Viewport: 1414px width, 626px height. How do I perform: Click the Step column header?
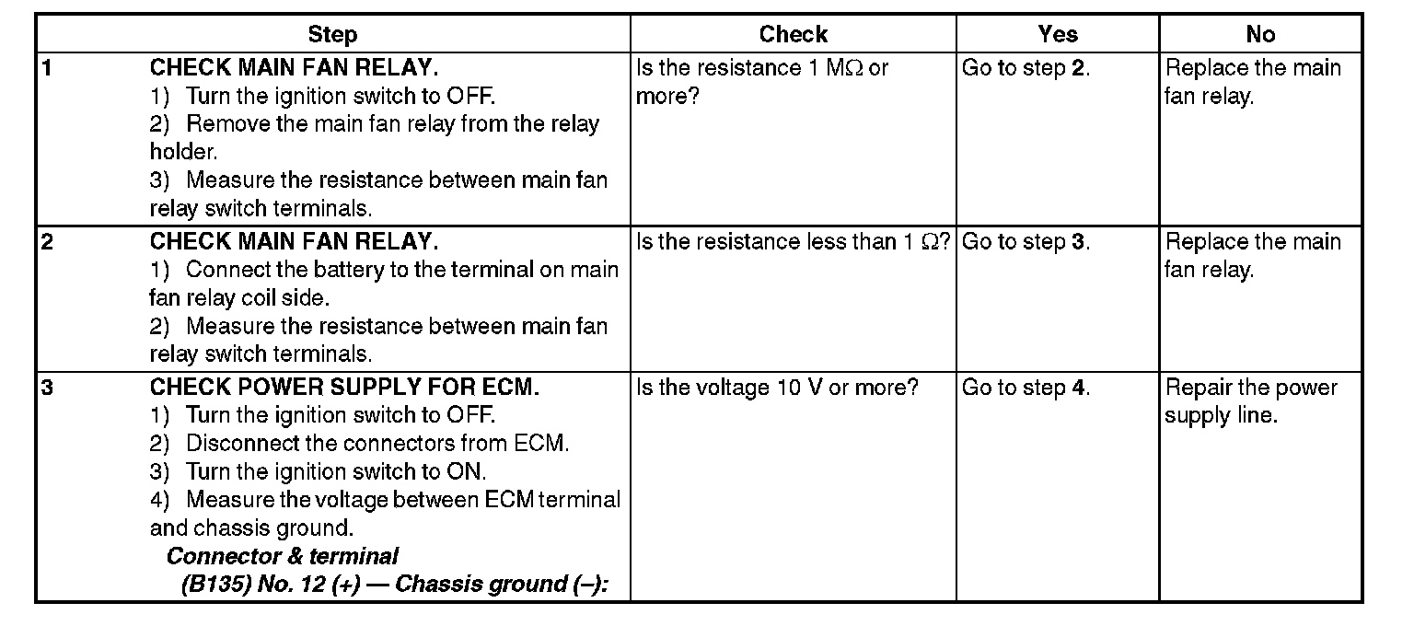[x=332, y=35]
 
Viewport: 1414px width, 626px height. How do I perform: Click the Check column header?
[x=793, y=35]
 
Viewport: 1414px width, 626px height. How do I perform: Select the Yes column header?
[x=1057, y=35]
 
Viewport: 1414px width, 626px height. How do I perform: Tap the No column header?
[x=1259, y=35]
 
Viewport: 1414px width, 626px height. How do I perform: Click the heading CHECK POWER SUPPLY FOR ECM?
[x=344, y=388]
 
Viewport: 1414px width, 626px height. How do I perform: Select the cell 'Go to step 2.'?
[x=1026, y=68]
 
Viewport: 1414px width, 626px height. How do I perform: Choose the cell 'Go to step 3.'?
[x=1026, y=242]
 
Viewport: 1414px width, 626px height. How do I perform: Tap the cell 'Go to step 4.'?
[x=1026, y=388]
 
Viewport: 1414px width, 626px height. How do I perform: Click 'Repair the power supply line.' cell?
[x=1250, y=401]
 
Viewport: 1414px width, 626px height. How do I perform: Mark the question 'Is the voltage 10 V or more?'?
[x=777, y=388]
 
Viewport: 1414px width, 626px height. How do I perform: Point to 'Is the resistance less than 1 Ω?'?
[x=793, y=242]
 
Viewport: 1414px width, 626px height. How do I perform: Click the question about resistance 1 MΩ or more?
[x=762, y=81]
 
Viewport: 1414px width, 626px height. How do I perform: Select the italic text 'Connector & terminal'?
[x=283, y=556]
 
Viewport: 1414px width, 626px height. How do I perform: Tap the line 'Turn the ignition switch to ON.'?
[x=336, y=471]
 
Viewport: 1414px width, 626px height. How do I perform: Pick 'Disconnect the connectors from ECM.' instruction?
[x=377, y=444]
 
